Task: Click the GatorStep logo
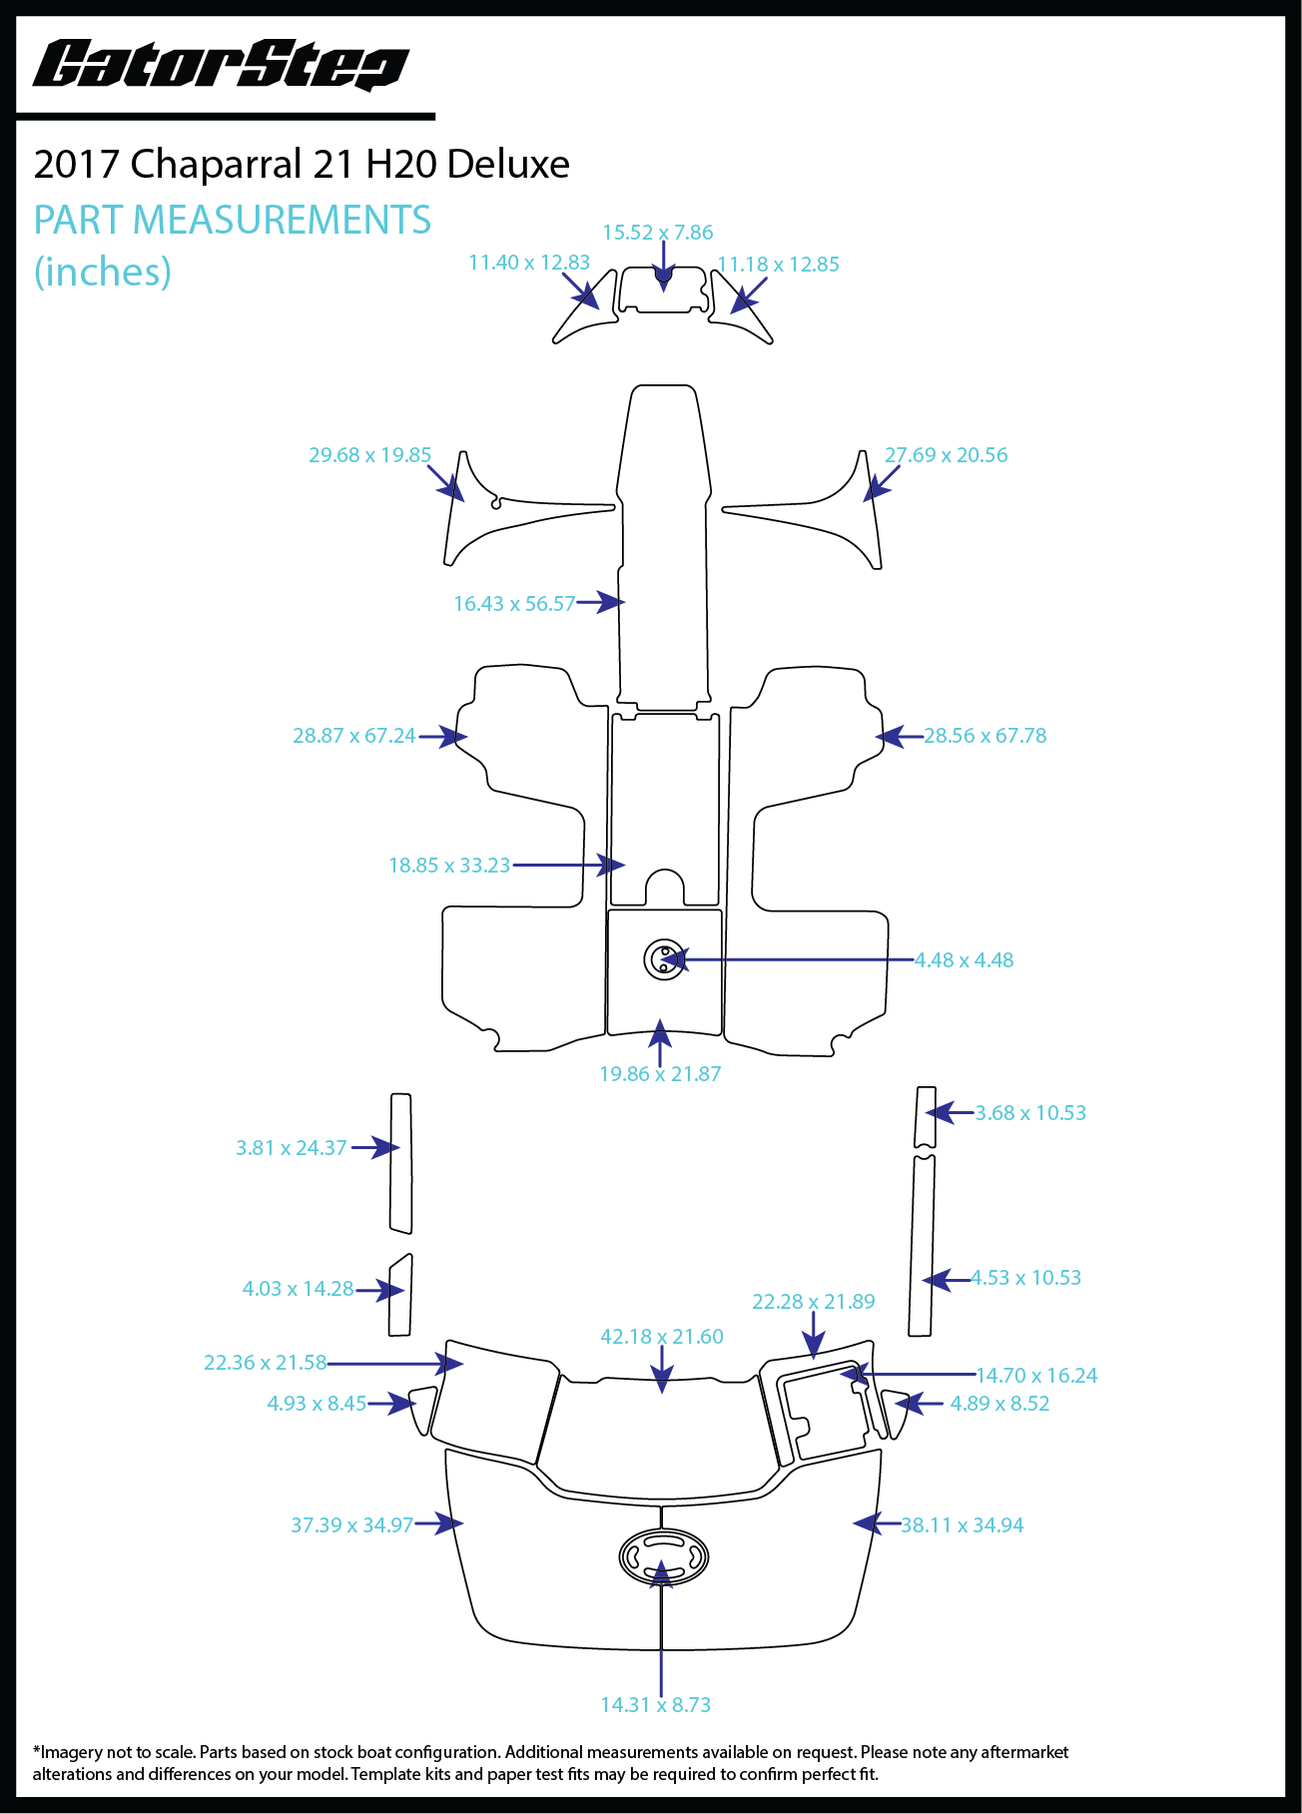coord(221,66)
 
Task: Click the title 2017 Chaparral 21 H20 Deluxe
coord(302,164)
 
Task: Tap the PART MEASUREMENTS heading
coord(232,220)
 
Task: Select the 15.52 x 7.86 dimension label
coord(657,233)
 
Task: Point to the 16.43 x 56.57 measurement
coord(514,604)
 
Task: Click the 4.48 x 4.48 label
coord(964,960)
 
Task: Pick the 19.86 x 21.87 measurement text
coord(660,1074)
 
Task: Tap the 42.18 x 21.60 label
coord(661,1337)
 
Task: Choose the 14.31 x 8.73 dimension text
coord(655,1705)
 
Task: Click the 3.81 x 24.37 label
coord(292,1148)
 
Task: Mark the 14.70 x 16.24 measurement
coord(1036,1376)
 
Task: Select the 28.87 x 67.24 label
coord(353,736)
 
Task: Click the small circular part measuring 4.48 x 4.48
coord(664,959)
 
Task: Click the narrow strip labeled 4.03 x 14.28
coord(400,1295)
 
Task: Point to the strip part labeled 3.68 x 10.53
coord(926,1117)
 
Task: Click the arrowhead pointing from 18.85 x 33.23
coord(613,865)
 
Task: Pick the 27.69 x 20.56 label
coord(946,455)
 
